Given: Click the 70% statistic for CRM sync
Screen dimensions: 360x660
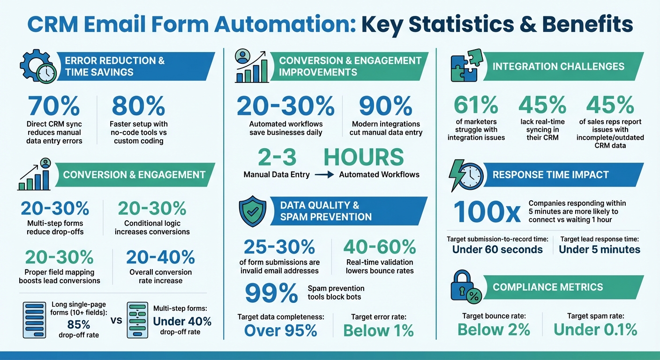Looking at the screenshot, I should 54,106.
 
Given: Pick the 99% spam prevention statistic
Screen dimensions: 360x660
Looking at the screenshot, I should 271,292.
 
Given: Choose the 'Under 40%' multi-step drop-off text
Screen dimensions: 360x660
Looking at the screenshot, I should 182,322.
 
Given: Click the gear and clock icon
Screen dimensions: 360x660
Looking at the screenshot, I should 38,67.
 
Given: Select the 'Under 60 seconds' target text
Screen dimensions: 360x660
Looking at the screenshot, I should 497,249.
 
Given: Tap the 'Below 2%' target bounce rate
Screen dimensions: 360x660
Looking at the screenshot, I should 494,330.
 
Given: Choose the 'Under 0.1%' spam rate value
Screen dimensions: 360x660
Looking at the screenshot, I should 595,330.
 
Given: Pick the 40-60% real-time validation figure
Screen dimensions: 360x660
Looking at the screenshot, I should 380,247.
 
